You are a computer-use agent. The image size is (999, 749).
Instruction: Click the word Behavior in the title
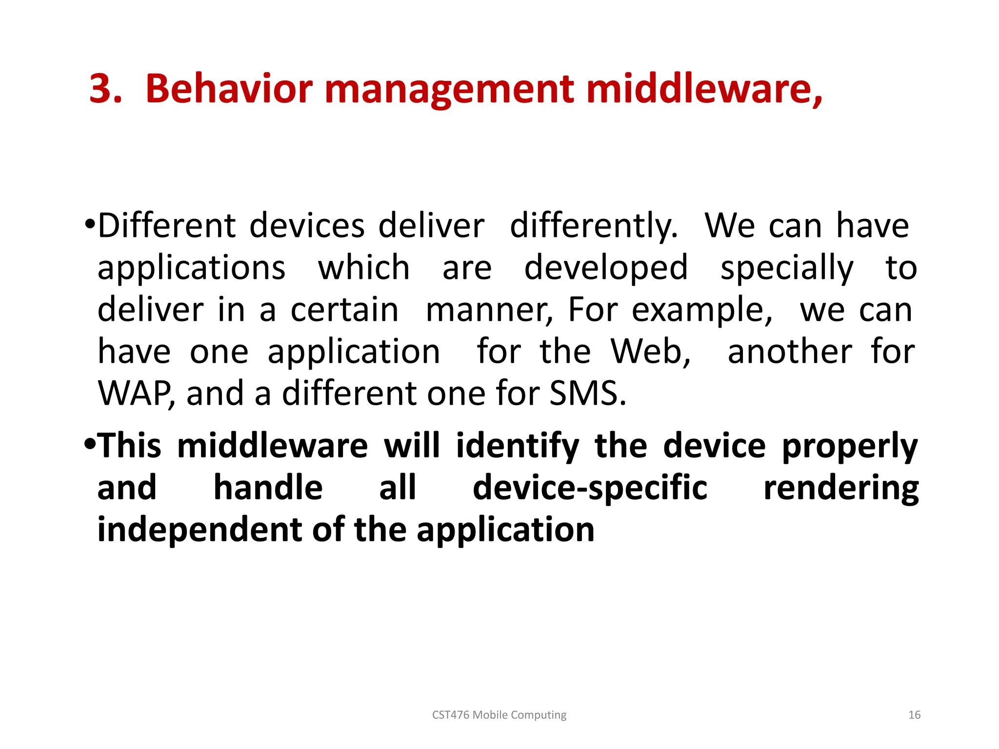click(229, 89)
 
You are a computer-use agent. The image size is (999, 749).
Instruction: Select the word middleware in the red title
click(702, 89)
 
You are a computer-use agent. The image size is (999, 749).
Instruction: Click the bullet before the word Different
click(90, 225)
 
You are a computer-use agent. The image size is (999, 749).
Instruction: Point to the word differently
click(594, 227)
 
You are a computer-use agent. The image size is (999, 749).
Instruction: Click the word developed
click(606, 269)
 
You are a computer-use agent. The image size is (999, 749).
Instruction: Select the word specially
click(787, 269)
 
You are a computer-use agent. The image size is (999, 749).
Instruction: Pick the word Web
click(651, 352)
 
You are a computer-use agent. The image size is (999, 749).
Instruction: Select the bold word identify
click(518, 446)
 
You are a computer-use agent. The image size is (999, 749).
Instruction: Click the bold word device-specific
click(590, 488)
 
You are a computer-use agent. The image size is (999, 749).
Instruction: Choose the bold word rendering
click(841, 488)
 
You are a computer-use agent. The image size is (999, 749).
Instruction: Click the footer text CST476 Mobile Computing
click(499, 715)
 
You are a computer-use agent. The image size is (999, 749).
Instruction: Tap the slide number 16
click(914, 715)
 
